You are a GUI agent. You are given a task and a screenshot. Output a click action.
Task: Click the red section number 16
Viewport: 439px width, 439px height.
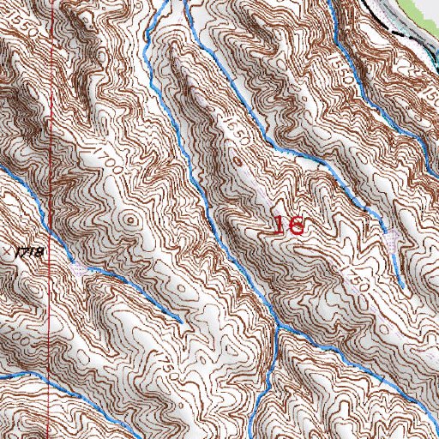pos(289,226)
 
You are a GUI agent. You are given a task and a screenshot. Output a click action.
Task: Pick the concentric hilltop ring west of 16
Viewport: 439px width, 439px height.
pos(130,220)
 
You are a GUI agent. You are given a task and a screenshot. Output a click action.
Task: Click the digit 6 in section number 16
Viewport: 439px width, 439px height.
pos(297,226)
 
